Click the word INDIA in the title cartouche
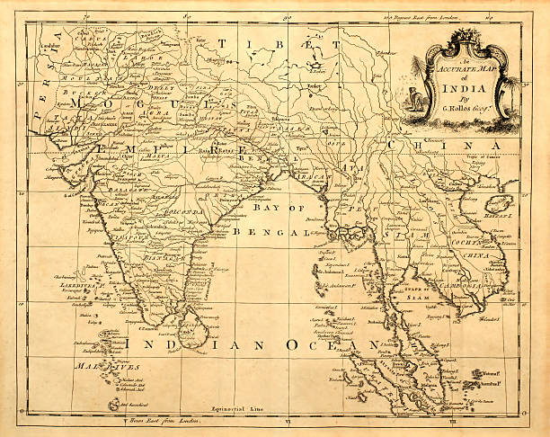click(x=460, y=88)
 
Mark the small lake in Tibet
click(x=316, y=66)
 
